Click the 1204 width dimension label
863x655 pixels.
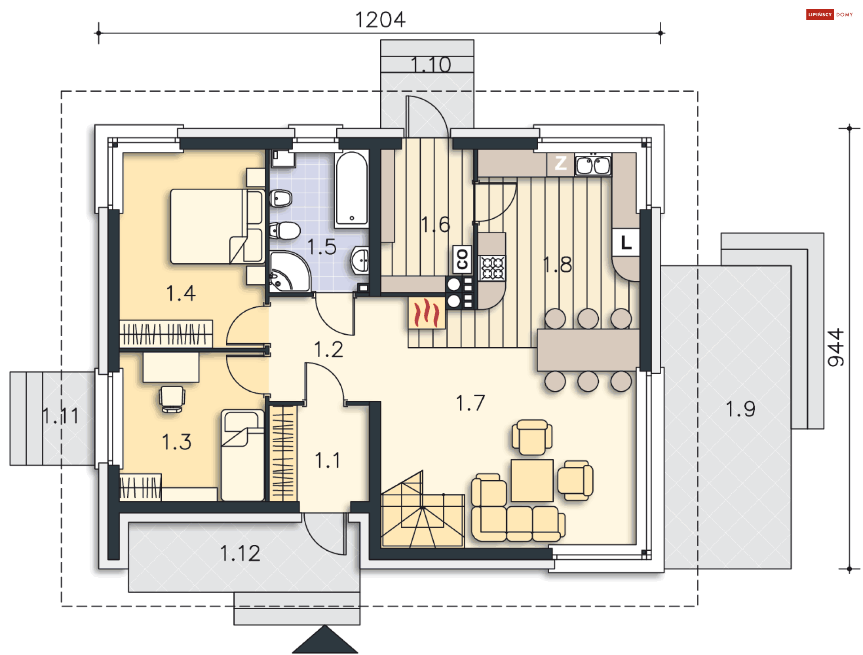point(380,20)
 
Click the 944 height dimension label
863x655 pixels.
point(836,347)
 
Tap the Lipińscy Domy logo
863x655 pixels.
point(829,14)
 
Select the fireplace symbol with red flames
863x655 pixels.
point(427,313)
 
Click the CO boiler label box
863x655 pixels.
point(462,259)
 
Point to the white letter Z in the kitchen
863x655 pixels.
point(561,163)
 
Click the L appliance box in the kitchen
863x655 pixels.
point(626,243)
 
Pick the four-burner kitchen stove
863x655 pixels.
point(492,268)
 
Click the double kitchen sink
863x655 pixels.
point(593,165)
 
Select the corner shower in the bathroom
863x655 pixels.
point(290,272)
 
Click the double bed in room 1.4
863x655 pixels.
point(217,226)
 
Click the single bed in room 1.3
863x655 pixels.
point(243,455)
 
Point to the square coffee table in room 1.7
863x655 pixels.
point(532,480)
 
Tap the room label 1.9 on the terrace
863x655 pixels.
point(740,409)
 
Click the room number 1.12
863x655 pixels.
point(240,553)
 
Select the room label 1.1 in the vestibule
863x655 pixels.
point(328,460)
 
